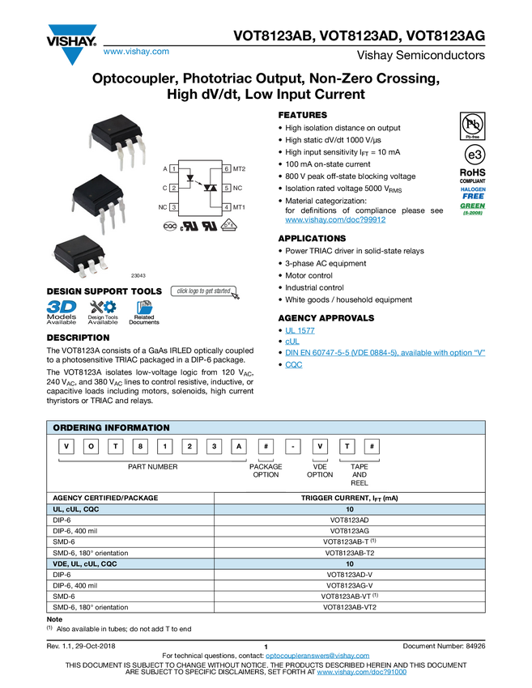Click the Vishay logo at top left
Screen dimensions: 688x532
tap(71, 42)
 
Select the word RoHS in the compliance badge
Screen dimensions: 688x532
tap(472, 172)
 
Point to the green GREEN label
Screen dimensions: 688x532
tap(472, 206)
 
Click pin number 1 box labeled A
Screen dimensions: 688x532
tap(174, 168)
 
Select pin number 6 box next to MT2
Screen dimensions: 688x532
tap(227, 168)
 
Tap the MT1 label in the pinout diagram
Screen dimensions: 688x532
tap(239, 207)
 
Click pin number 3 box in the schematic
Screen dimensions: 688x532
tap(174, 207)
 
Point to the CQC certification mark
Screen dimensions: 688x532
tap(170, 227)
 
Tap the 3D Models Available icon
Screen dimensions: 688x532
tap(62, 312)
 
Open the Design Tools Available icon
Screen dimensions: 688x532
tap(103, 312)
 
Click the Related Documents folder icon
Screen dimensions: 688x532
tap(145, 312)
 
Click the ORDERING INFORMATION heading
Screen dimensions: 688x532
tap(111, 427)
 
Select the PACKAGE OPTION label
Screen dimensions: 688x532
tap(266, 470)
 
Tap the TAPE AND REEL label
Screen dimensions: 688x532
tap(360, 474)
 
